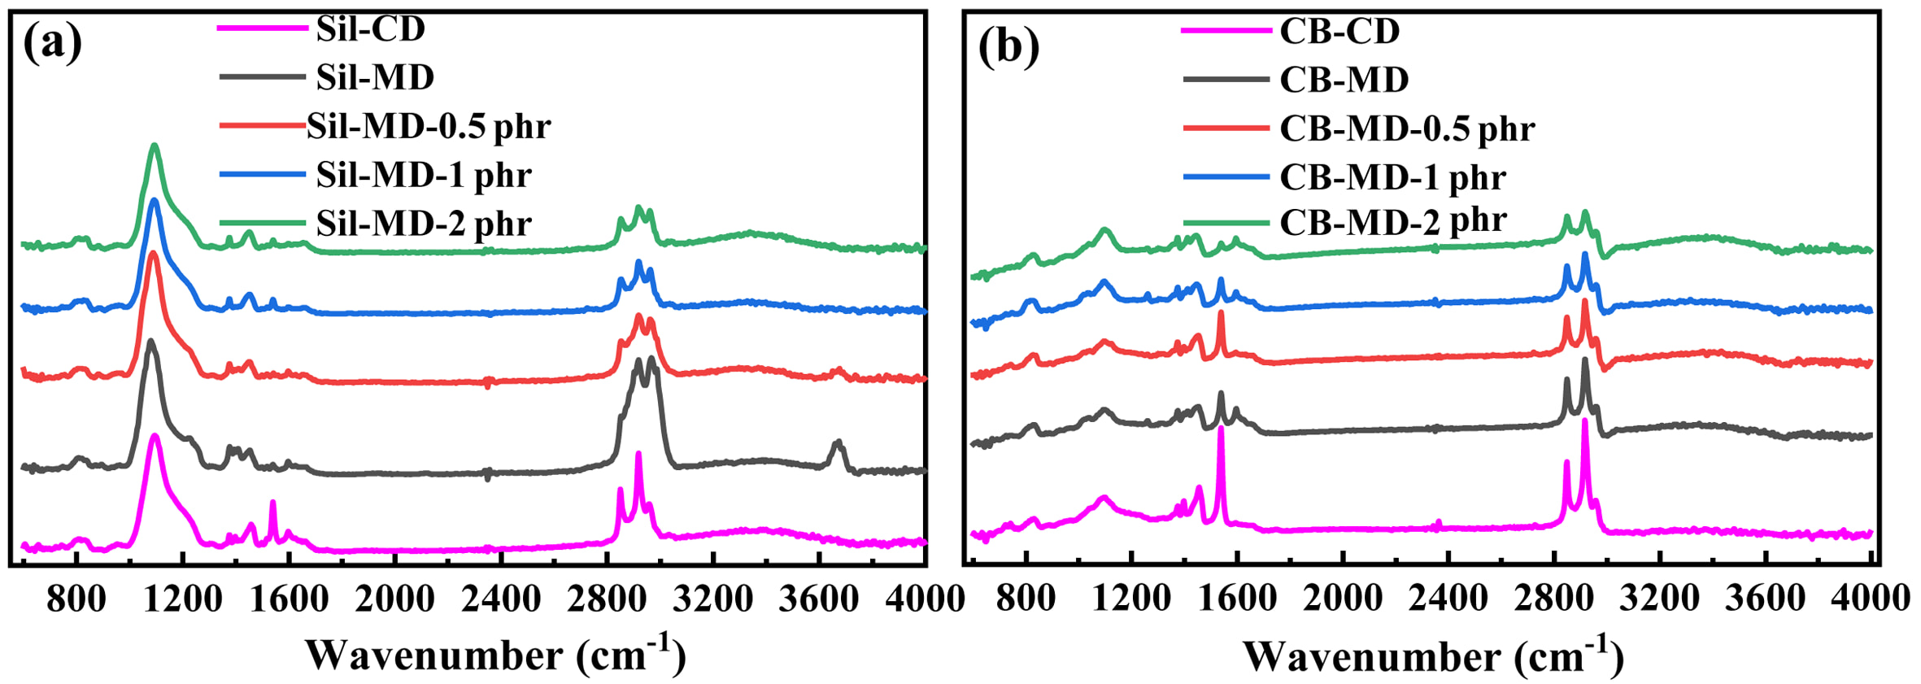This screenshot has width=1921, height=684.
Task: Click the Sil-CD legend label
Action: click(371, 29)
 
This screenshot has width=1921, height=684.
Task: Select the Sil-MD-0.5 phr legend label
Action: click(429, 126)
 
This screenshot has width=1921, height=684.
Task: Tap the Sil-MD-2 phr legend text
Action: click(424, 224)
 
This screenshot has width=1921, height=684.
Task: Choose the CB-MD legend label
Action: click(1344, 80)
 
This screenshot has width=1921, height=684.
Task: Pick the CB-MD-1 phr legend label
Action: click(1393, 177)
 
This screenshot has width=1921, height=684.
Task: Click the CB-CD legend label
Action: click(1339, 31)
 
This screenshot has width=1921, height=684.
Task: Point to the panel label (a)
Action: click(53, 42)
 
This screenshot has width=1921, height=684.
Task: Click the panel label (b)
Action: click(1008, 46)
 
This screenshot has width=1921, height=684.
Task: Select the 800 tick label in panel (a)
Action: click(76, 599)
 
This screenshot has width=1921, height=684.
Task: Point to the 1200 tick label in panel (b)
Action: click(1131, 599)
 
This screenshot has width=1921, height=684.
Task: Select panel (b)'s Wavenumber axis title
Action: click(1433, 654)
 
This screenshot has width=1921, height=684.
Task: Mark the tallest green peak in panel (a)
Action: click(154, 146)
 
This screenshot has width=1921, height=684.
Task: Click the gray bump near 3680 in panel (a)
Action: click(838, 443)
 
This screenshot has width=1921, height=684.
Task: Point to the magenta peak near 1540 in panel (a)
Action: click(272, 503)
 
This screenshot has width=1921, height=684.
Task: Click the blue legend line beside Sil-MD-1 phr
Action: click(262, 175)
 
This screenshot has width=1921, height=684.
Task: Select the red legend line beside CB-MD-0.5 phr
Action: click(1226, 129)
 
